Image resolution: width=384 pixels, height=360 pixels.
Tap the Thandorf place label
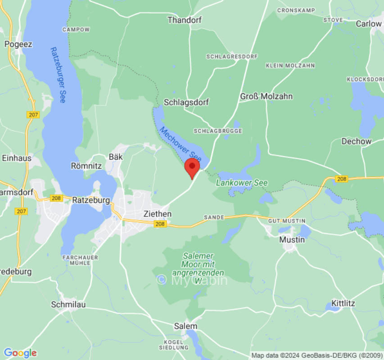click(x=185, y=20)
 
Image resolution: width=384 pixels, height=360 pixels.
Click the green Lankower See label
click(x=242, y=183)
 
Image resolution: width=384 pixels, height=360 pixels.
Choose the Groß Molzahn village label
click(x=266, y=96)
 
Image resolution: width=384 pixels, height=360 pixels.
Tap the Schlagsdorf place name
click(x=186, y=102)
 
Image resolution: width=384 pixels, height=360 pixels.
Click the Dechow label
click(x=357, y=141)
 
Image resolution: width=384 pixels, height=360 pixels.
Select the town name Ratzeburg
click(x=90, y=200)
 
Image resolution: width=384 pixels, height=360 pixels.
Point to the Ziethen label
click(x=157, y=214)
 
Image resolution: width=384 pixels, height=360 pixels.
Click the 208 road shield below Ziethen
click(x=160, y=224)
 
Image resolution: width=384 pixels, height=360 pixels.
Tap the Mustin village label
click(x=292, y=239)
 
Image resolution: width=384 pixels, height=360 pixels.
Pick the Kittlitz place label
click(x=343, y=303)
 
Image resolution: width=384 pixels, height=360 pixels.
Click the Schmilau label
click(x=68, y=304)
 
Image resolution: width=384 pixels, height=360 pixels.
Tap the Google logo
click(x=20, y=353)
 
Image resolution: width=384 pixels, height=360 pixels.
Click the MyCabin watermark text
click(x=192, y=280)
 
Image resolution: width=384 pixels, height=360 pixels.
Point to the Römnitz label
click(x=86, y=166)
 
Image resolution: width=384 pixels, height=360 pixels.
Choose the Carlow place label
click(x=369, y=23)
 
